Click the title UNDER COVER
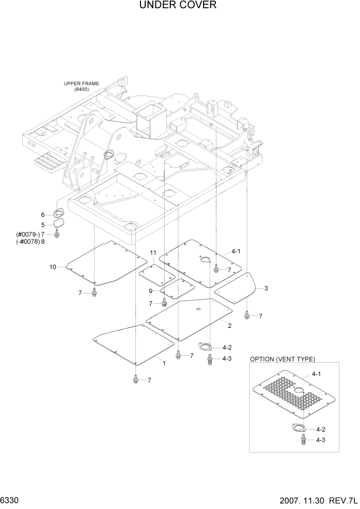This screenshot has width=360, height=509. pos(177,6)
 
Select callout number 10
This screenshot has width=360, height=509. pos(52,267)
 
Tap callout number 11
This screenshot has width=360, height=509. pos(153,253)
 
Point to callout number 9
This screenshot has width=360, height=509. pos(151,291)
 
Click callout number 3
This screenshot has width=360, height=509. pos(266,289)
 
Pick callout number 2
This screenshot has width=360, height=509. pos(229,326)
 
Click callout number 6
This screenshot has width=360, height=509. pos(43,215)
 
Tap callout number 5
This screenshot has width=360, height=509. pos(43,224)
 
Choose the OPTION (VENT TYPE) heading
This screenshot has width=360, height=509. pos(282,359)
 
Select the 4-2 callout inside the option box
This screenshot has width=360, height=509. pos(321,429)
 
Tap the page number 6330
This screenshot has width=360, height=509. pos(10,500)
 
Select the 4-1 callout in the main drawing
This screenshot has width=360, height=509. pos(236,251)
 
